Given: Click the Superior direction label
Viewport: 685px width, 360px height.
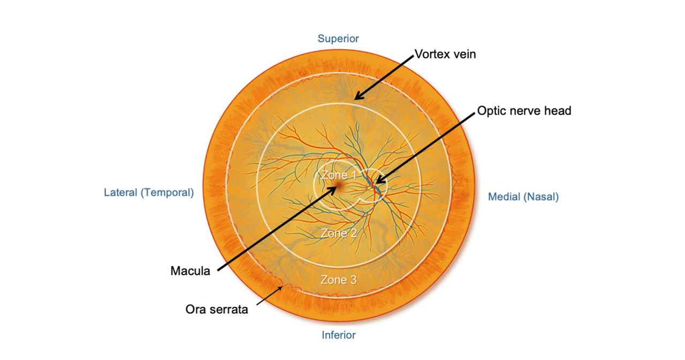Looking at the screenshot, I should [x=338, y=39].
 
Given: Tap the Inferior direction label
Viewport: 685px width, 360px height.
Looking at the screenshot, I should [x=338, y=335].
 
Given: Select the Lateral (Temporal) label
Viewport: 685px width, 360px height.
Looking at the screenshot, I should [x=149, y=193].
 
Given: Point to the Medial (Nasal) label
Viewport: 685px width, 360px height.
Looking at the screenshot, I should [x=523, y=197].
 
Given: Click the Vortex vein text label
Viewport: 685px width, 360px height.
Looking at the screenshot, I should [x=445, y=54].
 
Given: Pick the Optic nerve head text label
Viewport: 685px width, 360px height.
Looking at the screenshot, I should [x=524, y=111].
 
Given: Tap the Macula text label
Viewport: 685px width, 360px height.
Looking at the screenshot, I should [x=191, y=271].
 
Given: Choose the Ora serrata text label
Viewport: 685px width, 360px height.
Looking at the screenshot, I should [x=217, y=309].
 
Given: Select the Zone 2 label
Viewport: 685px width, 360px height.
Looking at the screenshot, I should [x=338, y=233].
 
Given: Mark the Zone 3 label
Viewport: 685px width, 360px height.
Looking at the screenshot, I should [x=338, y=279].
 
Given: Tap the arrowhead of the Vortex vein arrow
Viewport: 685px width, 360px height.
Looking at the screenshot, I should [x=356, y=98].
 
